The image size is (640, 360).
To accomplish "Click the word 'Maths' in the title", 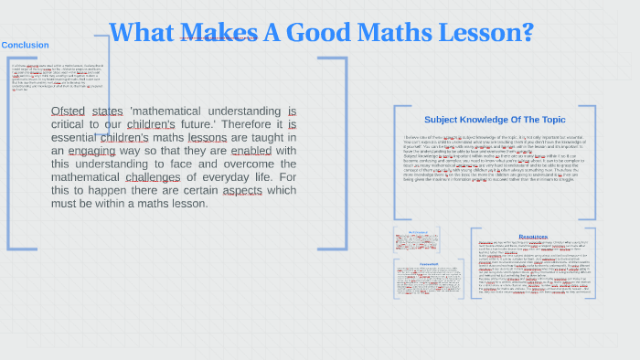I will tap(398, 33).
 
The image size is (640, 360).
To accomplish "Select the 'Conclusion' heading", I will tap(26, 45).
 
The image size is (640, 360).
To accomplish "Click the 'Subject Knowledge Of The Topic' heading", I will tap(495, 120).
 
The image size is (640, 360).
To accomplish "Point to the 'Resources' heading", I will tap(533, 237).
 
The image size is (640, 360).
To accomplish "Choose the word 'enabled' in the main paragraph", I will tap(251, 151).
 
